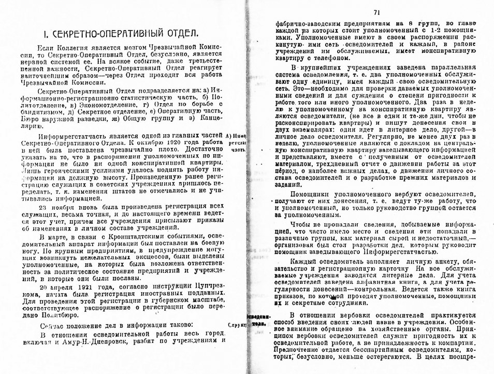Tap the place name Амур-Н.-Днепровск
point(94,341)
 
